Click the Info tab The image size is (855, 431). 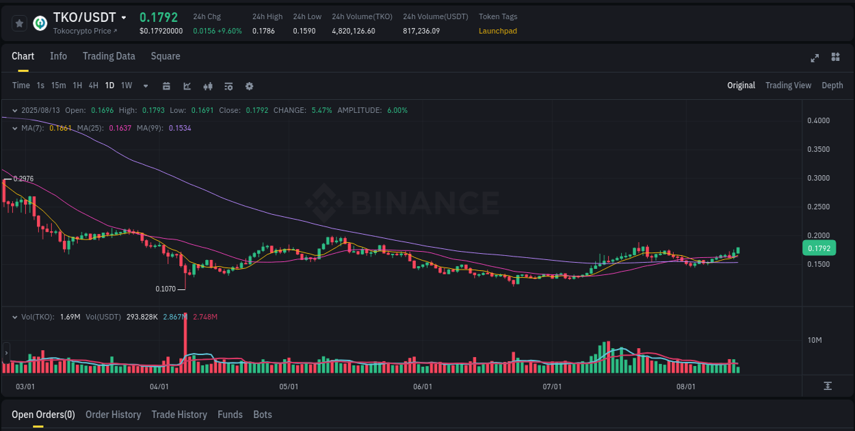pos(58,56)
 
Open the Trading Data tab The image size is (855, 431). pos(109,56)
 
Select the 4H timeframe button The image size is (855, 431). pos(94,86)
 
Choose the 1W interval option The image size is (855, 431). pos(127,86)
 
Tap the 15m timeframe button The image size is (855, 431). pos(59,86)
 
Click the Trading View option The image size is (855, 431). pos(788,86)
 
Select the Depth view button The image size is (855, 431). pos(832,86)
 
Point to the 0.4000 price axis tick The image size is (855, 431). pos(819,120)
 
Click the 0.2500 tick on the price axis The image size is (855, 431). pos(819,207)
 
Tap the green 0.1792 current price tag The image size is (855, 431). pos(819,248)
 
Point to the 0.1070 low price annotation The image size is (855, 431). pos(166,289)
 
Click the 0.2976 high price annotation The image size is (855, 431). pos(23,179)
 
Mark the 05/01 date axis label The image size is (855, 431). pos(289,387)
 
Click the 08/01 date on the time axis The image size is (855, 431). pos(685,387)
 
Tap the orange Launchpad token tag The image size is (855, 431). pos(497,31)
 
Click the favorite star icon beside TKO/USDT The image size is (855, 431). pos(20,23)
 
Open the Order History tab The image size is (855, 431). pos(113,415)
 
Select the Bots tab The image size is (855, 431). pos(263,415)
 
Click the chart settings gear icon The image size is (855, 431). pos(249,86)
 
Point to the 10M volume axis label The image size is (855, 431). pos(815,340)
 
